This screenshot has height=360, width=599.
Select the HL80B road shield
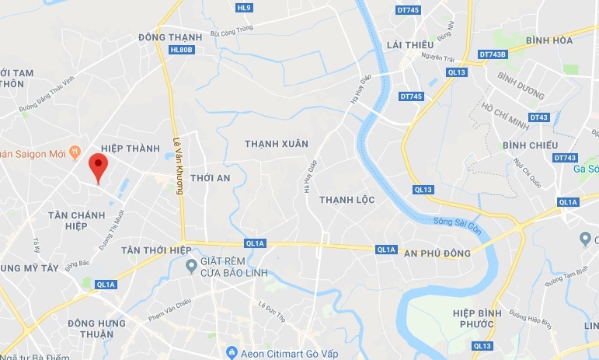pos(180,50)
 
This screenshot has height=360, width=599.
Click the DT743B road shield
pos(493,54)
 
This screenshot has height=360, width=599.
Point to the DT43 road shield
pos(539,117)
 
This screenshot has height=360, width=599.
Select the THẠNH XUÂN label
pos(277,144)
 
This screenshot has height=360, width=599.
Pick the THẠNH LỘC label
pos(347,200)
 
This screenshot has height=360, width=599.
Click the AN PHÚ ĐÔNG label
pos(437,253)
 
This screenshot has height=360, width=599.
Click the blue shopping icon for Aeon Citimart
pos(231,353)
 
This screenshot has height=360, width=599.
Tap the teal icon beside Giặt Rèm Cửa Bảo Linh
pos(191,267)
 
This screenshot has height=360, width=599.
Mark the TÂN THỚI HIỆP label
pos(156,250)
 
